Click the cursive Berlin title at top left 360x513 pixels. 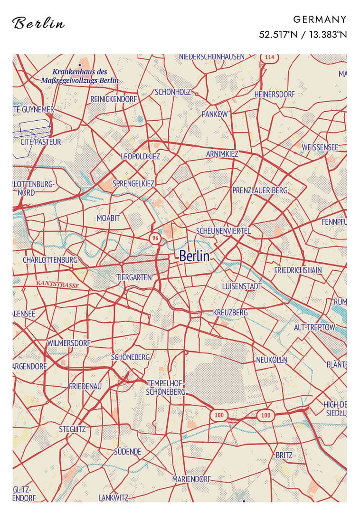pos(38,23)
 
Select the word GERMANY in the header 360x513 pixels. pos(320,19)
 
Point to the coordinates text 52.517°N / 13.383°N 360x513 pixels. pos(303,34)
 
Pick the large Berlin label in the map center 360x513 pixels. pos(194,256)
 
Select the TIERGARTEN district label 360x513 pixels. pos(134,277)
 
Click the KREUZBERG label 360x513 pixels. pos(230,313)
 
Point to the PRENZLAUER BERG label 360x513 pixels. pos(260,190)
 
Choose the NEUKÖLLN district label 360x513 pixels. pos(272,360)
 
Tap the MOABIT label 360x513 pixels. pos(108,218)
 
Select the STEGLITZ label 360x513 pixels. pos(72,429)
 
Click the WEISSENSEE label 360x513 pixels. pos(320,148)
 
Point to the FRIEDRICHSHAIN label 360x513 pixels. pos(298,270)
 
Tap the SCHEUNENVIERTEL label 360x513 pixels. pos(223,231)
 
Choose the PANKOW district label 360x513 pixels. pos(215,114)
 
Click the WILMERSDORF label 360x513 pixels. pos(68,342)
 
